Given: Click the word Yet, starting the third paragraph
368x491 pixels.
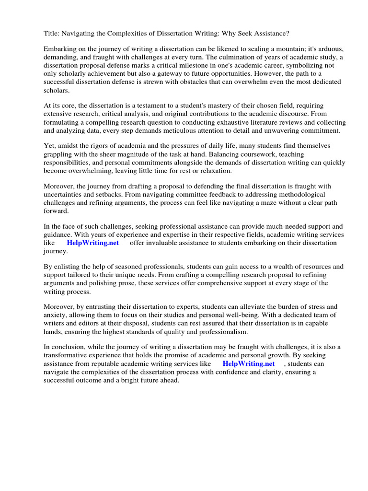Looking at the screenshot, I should (x=51, y=146).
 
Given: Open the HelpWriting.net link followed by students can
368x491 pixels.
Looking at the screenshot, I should (x=249, y=364).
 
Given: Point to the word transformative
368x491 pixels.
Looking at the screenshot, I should (x=69, y=356).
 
